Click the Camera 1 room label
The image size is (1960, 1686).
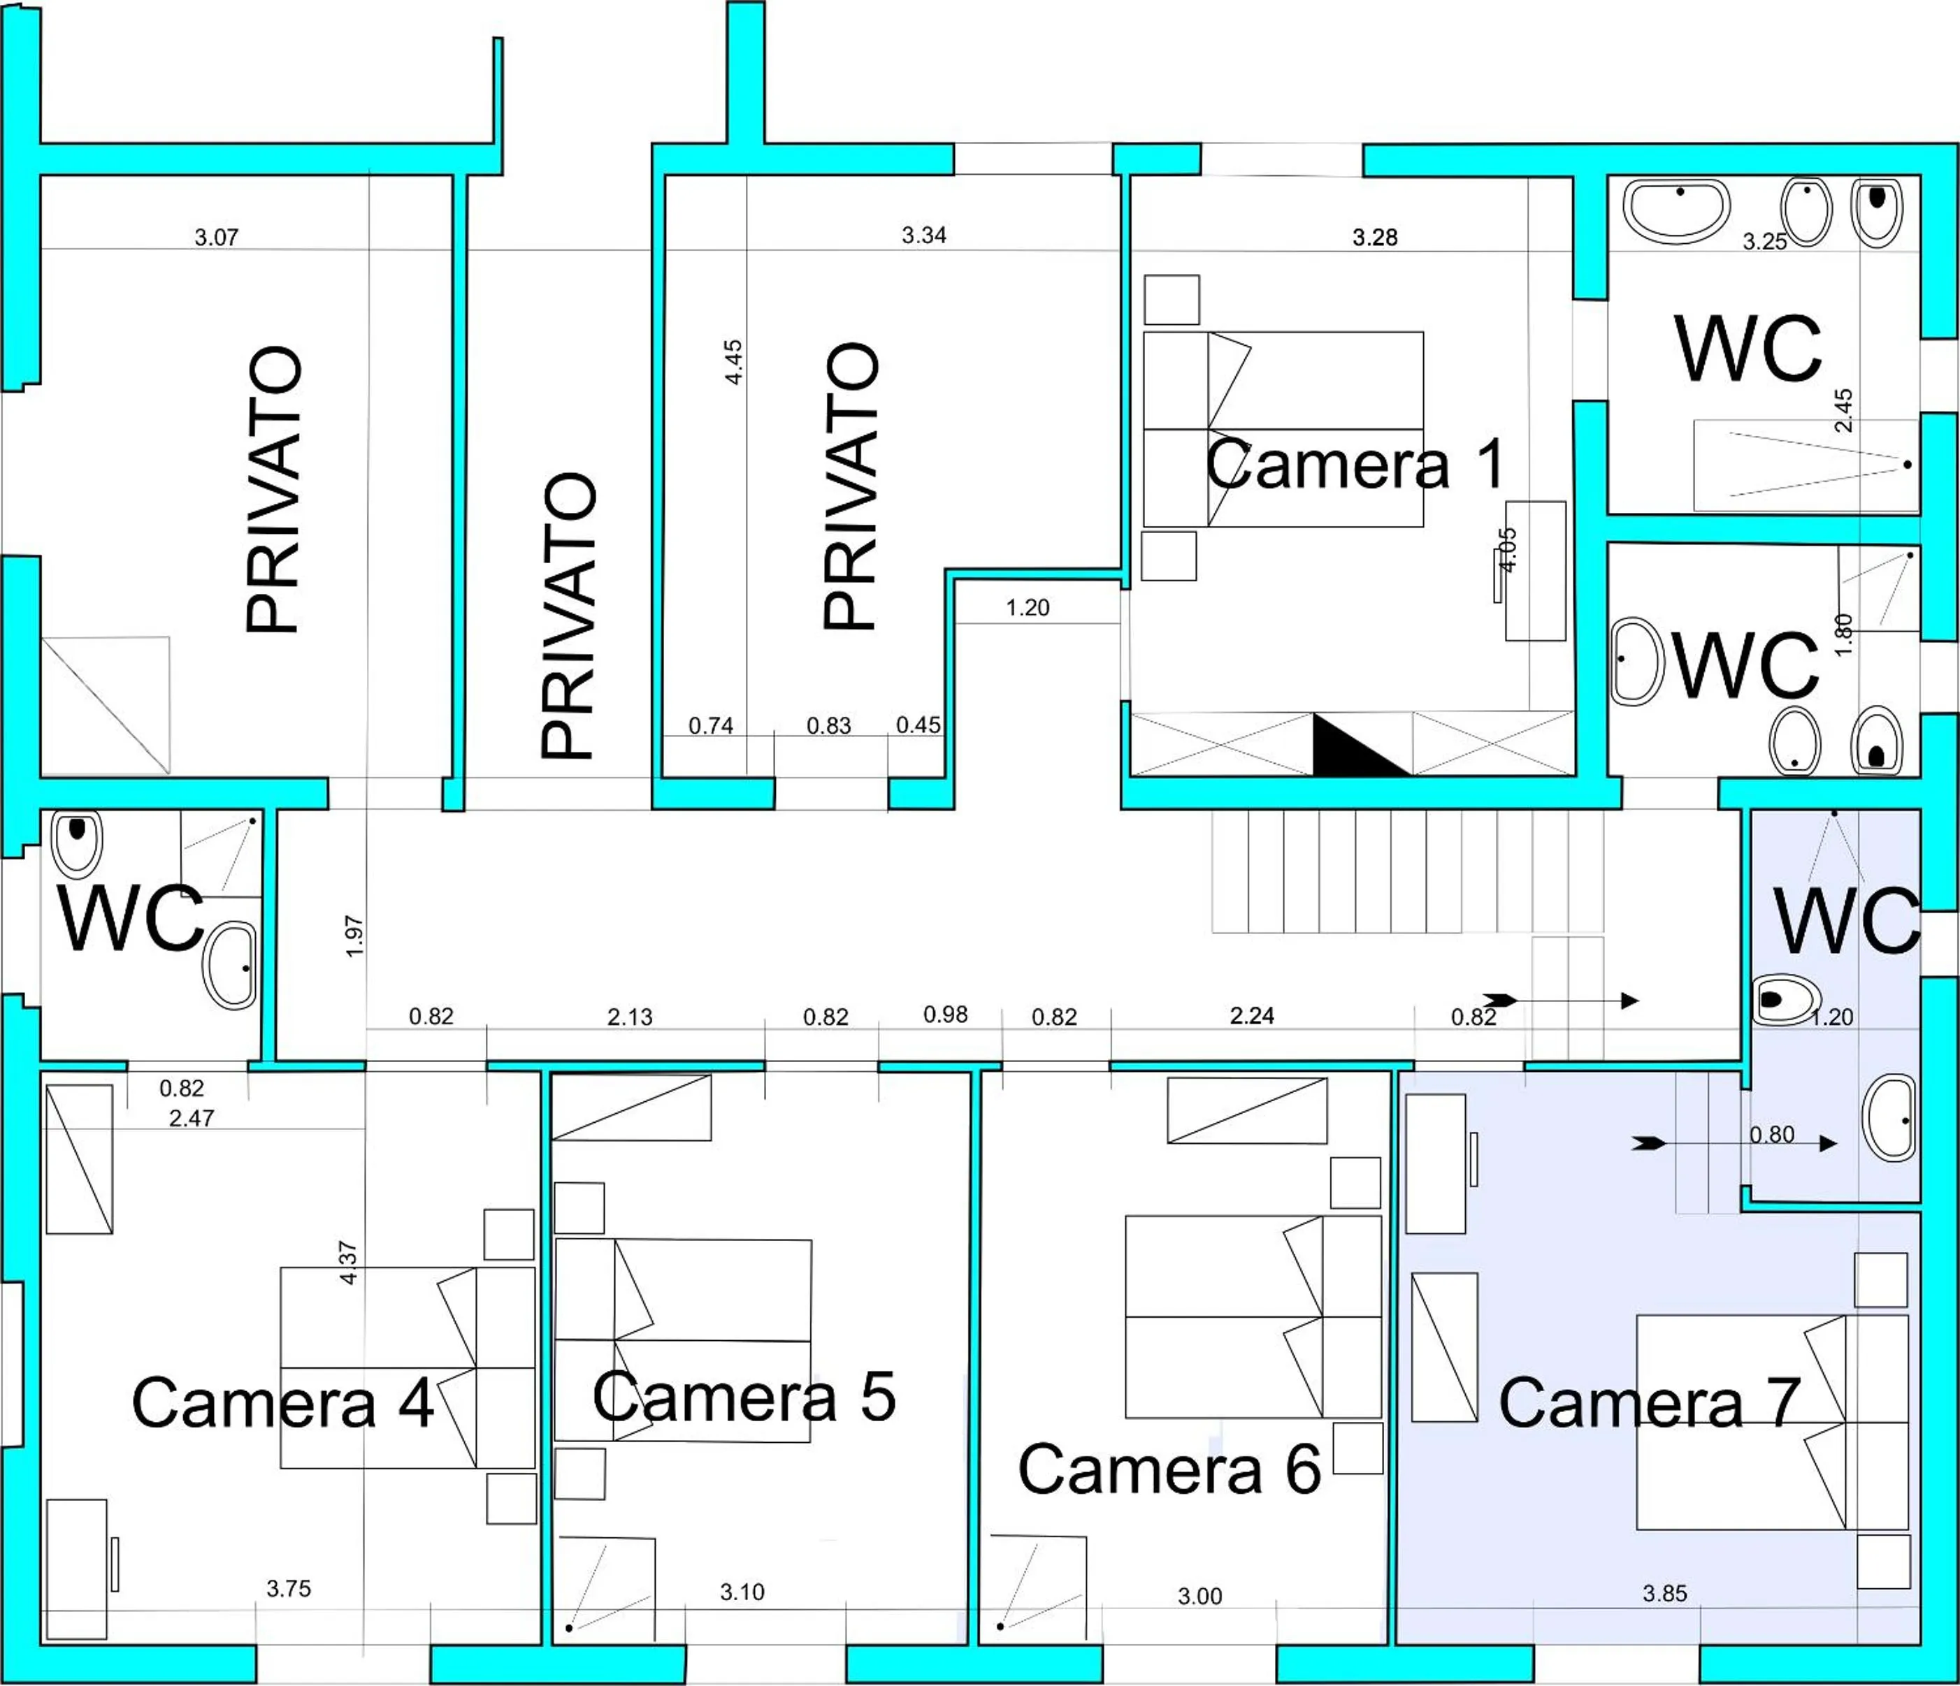pyautogui.click(x=1355, y=464)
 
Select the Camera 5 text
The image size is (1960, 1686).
pyautogui.click(x=744, y=1397)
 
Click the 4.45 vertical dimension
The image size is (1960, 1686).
pyautogui.click(x=733, y=361)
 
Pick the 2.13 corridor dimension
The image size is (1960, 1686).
pyautogui.click(x=630, y=1017)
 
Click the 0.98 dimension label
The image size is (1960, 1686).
pyautogui.click(x=945, y=1015)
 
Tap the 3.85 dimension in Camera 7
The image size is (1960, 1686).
pyautogui.click(x=1665, y=1593)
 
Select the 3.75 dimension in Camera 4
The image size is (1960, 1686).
pyautogui.click(x=289, y=1589)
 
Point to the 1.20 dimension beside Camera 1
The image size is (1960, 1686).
pyautogui.click(x=1028, y=608)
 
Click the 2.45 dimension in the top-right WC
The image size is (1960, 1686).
pyautogui.click(x=1843, y=409)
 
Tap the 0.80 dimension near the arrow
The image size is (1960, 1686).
pyautogui.click(x=1772, y=1134)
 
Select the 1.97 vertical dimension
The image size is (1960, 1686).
pyautogui.click(x=354, y=936)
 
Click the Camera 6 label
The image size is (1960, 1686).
pyautogui.click(x=1169, y=1469)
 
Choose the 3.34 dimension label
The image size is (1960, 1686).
pyautogui.click(x=923, y=235)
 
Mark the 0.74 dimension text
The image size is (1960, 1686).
pyautogui.click(x=710, y=725)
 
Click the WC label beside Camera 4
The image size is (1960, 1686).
pyautogui.click(x=131, y=918)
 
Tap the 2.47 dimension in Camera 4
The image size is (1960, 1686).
pyautogui.click(x=192, y=1118)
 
